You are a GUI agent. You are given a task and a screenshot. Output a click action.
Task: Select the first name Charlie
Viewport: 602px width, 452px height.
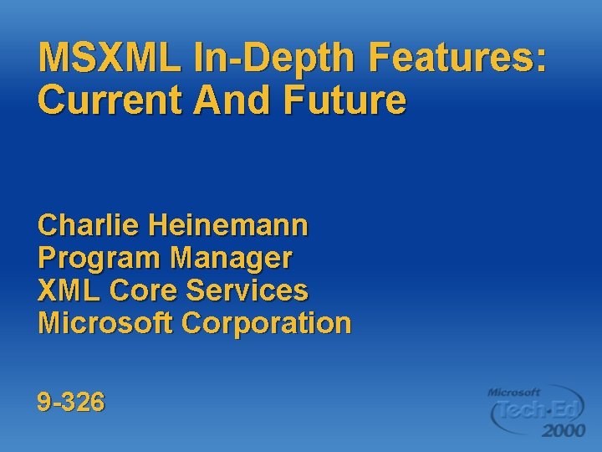(88, 225)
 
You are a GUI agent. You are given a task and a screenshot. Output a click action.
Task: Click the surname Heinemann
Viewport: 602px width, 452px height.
(227, 225)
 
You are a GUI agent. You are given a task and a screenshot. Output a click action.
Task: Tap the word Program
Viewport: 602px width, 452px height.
(99, 258)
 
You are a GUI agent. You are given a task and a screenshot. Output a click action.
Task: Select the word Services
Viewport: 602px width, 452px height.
(247, 290)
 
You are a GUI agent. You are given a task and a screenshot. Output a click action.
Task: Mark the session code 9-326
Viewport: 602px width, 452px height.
(71, 403)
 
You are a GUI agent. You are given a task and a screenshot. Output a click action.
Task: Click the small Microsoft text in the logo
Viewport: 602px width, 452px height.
(514, 392)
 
